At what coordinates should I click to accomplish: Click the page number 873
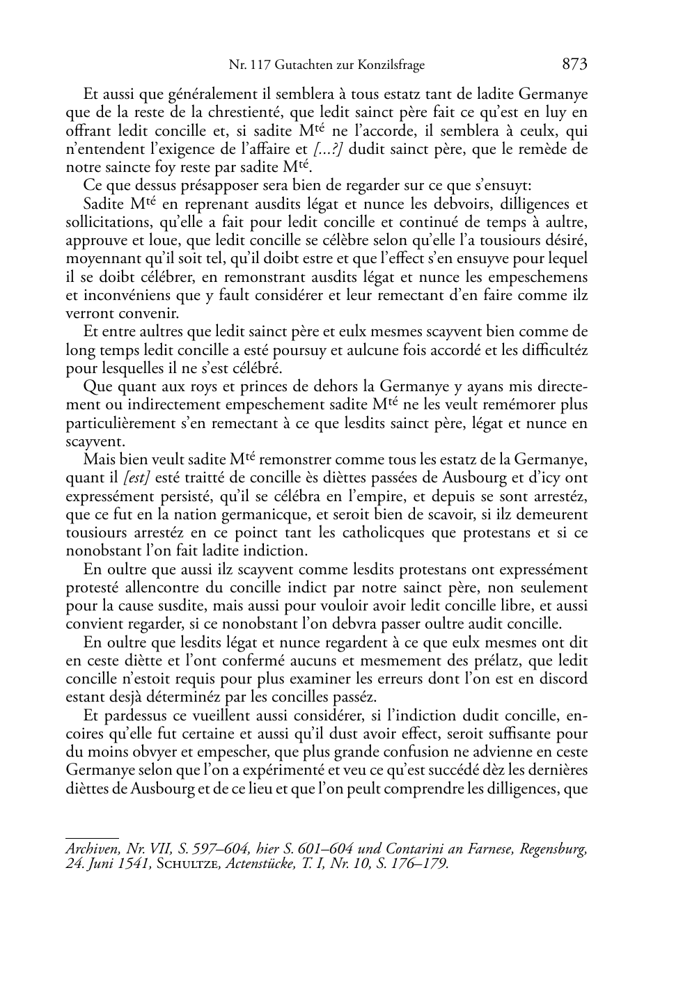click(x=574, y=65)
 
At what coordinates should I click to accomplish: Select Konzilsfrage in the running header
click(x=390, y=66)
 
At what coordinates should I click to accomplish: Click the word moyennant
click(x=101, y=259)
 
